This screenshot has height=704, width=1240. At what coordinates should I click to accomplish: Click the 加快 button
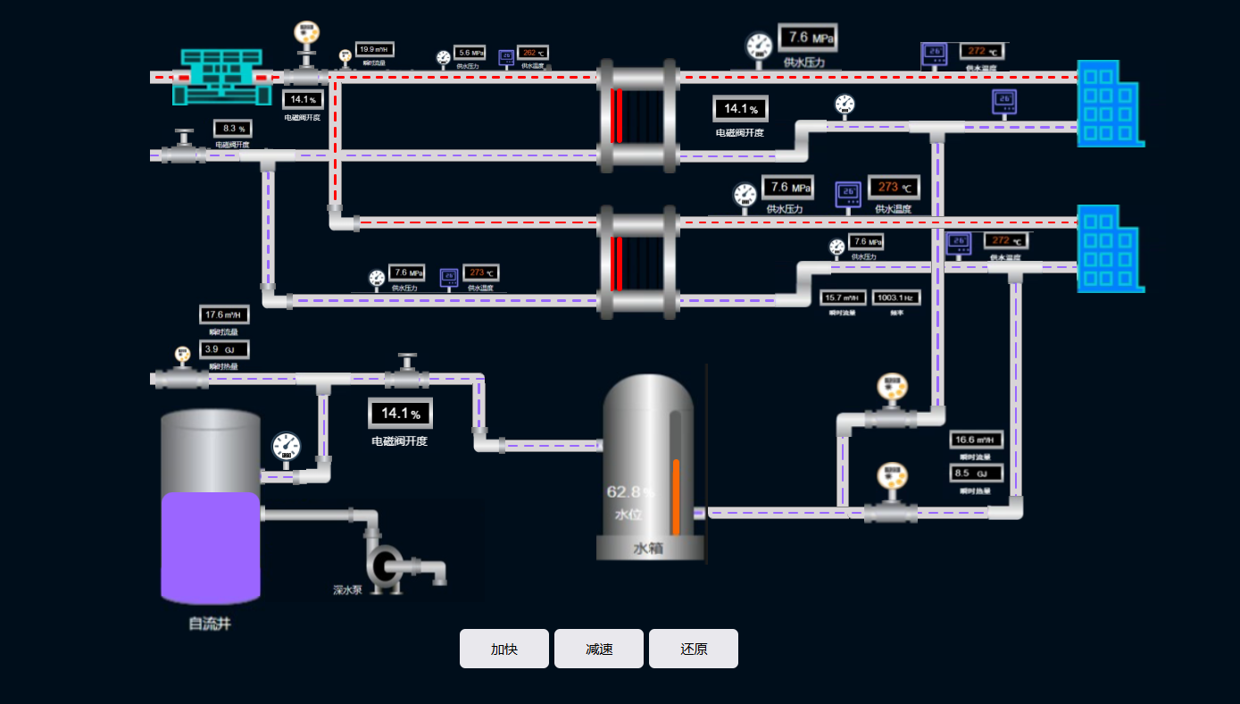click(504, 649)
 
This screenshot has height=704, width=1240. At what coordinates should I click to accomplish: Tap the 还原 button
click(694, 649)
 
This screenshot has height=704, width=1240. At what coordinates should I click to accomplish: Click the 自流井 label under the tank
click(210, 624)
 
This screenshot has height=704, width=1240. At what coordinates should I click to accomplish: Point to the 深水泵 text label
click(347, 590)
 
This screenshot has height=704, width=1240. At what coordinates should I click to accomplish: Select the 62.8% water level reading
click(630, 491)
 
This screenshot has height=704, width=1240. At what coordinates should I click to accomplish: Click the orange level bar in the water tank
click(676, 497)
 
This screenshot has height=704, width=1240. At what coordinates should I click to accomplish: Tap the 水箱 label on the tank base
click(647, 548)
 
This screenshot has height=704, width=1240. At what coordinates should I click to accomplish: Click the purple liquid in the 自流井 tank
click(211, 547)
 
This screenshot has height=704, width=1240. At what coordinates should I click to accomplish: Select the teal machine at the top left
click(222, 77)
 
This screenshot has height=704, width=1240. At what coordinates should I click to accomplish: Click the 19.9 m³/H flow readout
click(374, 50)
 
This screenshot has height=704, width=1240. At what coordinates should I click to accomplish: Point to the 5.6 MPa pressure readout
click(470, 53)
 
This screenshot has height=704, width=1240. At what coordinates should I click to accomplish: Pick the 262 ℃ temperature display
click(534, 54)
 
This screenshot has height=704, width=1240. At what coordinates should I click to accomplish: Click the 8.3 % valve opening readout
click(232, 129)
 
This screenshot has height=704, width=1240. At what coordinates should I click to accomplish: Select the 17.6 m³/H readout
click(224, 314)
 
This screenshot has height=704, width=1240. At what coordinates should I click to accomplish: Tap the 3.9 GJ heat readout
click(224, 349)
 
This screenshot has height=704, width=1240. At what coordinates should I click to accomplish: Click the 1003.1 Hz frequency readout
click(895, 298)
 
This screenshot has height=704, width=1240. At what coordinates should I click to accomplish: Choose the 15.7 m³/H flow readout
click(843, 298)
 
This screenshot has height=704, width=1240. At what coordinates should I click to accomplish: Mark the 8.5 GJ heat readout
click(976, 474)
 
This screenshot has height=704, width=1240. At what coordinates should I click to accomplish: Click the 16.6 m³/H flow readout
click(976, 440)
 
